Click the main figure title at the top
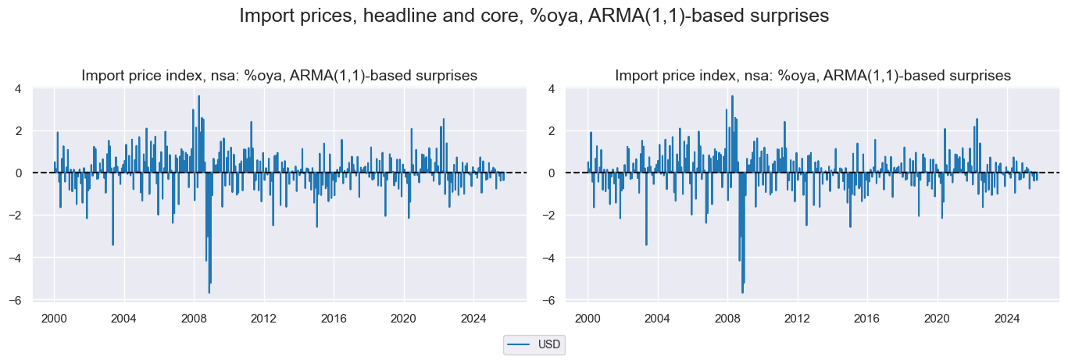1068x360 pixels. (x=534, y=16)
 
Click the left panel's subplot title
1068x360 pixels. (x=279, y=76)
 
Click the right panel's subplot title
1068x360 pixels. (x=813, y=76)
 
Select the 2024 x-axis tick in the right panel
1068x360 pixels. (x=1007, y=319)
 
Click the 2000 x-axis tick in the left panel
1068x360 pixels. (x=54, y=319)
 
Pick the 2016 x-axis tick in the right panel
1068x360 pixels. (x=867, y=319)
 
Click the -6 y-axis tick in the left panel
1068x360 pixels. (x=16, y=300)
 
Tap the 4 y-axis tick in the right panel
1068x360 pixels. (x=552, y=88)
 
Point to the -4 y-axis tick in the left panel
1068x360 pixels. (x=16, y=258)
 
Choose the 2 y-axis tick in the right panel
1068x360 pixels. (x=552, y=130)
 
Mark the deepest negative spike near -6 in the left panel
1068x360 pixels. (x=209, y=292)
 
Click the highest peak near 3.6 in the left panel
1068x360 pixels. (x=198, y=96)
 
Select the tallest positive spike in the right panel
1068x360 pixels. (x=732, y=96)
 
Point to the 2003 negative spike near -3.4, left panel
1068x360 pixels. (x=113, y=244)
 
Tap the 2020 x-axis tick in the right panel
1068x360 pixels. (x=937, y=319)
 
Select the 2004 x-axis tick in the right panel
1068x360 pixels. (x=657, y=319)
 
